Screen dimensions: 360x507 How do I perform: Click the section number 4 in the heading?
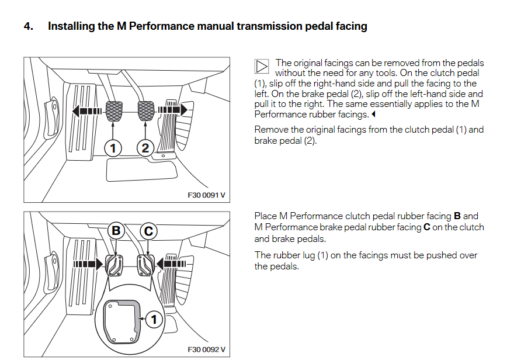[27, 26]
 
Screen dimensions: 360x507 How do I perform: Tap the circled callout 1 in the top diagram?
[112, 148]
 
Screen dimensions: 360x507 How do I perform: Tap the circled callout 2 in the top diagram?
[145, 148]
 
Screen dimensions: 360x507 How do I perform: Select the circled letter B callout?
[116, 231]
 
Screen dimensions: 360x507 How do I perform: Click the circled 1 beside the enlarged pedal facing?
[154, 320]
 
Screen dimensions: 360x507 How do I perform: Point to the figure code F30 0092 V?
[206, 349]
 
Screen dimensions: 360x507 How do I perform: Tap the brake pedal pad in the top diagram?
[145, 109]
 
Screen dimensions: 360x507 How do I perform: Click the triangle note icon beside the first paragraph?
[262, 67]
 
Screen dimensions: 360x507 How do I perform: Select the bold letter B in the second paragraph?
[457, 216]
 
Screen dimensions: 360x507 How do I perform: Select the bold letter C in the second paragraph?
[426, 227]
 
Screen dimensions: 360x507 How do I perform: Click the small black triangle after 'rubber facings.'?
[373, 115]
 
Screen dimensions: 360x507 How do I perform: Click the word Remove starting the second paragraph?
[270, 130]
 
